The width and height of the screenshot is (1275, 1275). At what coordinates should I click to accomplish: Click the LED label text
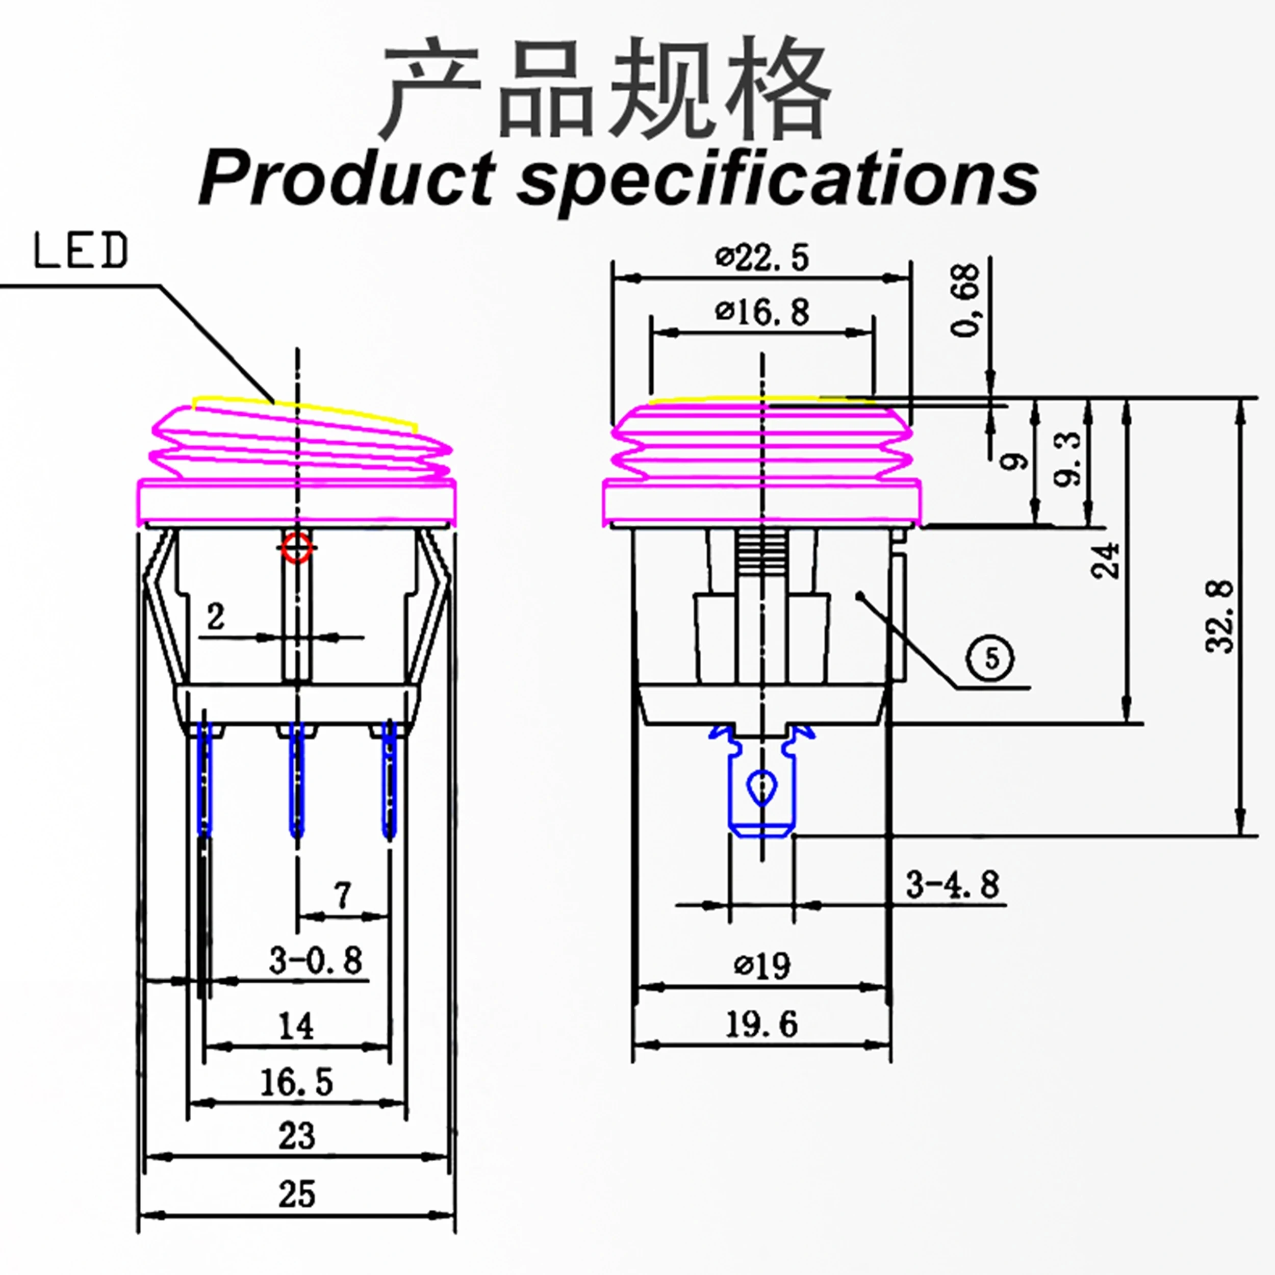(81, 251)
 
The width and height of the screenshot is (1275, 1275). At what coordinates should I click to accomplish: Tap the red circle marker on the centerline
(297, 548)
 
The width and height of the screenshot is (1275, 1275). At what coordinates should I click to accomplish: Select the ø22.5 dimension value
(762, 258)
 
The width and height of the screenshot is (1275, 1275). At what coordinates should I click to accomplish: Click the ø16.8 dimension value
(762, 312)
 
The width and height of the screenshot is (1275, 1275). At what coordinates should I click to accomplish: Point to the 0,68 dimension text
(966, 300)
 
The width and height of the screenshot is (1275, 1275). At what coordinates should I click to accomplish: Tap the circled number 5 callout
(990, 658)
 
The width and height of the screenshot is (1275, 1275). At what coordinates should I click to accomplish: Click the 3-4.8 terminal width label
(952, 885)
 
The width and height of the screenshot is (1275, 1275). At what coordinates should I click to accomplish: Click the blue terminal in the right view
(762, 785)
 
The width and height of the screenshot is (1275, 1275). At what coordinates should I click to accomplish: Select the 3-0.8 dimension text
(316, 960)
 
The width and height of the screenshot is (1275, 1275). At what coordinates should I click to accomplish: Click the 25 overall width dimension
(296, 1194)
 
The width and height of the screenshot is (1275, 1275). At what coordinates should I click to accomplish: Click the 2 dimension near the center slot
(216, 618)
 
